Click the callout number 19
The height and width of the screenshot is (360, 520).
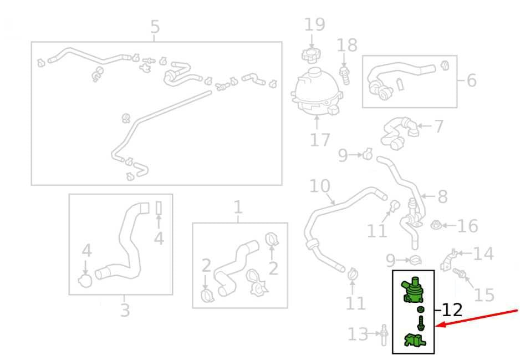[315, 24]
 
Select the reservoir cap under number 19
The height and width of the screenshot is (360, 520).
[311, 55]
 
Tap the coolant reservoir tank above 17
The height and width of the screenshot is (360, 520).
[316, 91]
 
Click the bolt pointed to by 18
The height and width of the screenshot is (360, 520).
[345, 75]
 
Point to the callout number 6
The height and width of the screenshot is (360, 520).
[471, 80]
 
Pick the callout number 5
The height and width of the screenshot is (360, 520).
[155, 27]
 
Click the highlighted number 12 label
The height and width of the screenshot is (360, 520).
[452, 310]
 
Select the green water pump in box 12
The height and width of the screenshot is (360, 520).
[412, 290]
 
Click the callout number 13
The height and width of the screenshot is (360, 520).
[358, 334]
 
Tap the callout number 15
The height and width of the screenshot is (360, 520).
[484, 295]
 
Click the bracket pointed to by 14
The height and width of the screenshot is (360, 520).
[448, 260]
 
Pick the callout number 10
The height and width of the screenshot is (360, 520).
[320, 186]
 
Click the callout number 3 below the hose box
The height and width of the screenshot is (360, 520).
[125, 310]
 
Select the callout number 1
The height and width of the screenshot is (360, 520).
[238, 207]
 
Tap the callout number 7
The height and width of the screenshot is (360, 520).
[439, 126]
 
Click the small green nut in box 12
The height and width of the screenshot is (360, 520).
[421, 310]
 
